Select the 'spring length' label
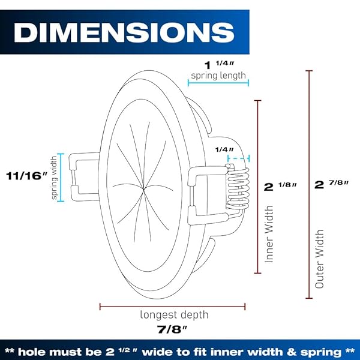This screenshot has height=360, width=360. (x=218, y=76)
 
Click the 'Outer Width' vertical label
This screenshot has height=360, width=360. (x=319, y=258)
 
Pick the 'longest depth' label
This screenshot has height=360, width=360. (x=175, y=314)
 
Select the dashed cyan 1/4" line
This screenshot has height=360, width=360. (x=238, y=159)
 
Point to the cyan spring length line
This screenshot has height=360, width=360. (x=217, y=84)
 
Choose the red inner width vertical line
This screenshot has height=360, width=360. (x=258, y=186)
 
